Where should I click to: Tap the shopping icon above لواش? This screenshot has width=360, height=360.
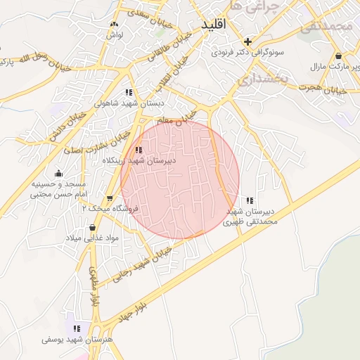tap(111, 23)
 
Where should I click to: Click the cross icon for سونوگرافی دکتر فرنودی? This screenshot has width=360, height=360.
tap(247, 41)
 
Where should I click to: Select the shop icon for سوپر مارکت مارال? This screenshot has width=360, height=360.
tap(339, 56)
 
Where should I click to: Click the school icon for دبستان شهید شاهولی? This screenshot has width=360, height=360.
tap(128, 91)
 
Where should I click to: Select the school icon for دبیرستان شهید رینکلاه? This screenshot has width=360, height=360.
tap(139, 150)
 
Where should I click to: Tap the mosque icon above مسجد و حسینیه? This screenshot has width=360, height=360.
tap(58, 173)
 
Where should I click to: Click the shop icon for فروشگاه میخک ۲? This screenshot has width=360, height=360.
tap(109, 199)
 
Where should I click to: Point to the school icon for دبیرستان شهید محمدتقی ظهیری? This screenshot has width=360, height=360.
tap(250, 200)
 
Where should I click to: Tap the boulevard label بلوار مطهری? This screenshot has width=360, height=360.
tap(94, 284)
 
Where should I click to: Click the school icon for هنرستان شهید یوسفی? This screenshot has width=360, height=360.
tap(77, 328)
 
